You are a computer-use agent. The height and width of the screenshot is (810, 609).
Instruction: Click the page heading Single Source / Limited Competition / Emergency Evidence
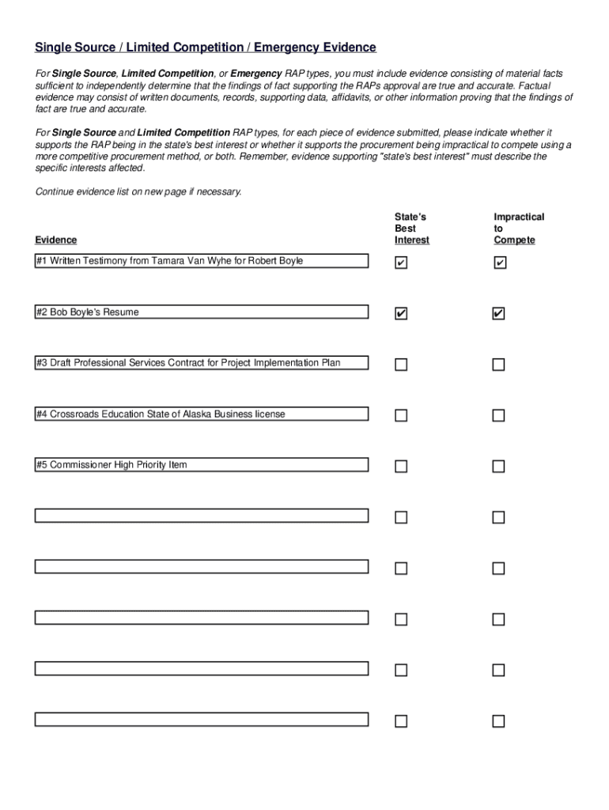click(205, 48)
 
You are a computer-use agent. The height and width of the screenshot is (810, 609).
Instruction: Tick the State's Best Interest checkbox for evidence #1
click(401, 263)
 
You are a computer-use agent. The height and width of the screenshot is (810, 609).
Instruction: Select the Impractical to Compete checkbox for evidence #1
click(499, 263)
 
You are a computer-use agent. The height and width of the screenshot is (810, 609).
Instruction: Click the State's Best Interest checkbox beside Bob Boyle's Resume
click(401, 314)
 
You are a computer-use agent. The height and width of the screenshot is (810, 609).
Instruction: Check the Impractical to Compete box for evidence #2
click(498, 314)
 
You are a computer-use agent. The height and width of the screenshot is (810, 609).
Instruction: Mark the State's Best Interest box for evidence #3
click(401, 365)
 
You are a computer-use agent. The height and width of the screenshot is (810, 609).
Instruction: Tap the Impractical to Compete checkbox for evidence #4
click(498, 415)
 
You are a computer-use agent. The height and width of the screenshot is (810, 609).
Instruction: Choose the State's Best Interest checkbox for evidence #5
click(401, 467)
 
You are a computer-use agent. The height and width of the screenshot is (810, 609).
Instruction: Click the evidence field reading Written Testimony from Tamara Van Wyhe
click(201, 261)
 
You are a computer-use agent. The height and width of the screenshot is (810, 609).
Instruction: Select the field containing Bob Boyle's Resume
click(201, 312)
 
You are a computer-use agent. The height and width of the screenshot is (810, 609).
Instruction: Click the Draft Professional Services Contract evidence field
click(201, 363)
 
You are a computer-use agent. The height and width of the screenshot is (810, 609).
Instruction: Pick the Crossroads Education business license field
click(201, 414)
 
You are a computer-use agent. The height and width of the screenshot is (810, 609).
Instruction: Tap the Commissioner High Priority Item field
click(201, 465)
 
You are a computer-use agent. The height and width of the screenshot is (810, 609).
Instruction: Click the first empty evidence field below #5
click(201, 516)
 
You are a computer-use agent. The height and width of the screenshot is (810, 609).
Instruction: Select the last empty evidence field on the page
click(201, 719)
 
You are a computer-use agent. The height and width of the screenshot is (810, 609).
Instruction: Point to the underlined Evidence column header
click(56, 240)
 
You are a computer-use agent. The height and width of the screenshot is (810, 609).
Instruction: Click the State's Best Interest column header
click(411, 228)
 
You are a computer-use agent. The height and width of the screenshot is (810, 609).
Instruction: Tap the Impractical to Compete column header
click(518, 228)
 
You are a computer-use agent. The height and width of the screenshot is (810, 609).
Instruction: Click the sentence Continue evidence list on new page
click(138, 191)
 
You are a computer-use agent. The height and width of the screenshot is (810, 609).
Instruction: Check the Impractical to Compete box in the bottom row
click(498, 721)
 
